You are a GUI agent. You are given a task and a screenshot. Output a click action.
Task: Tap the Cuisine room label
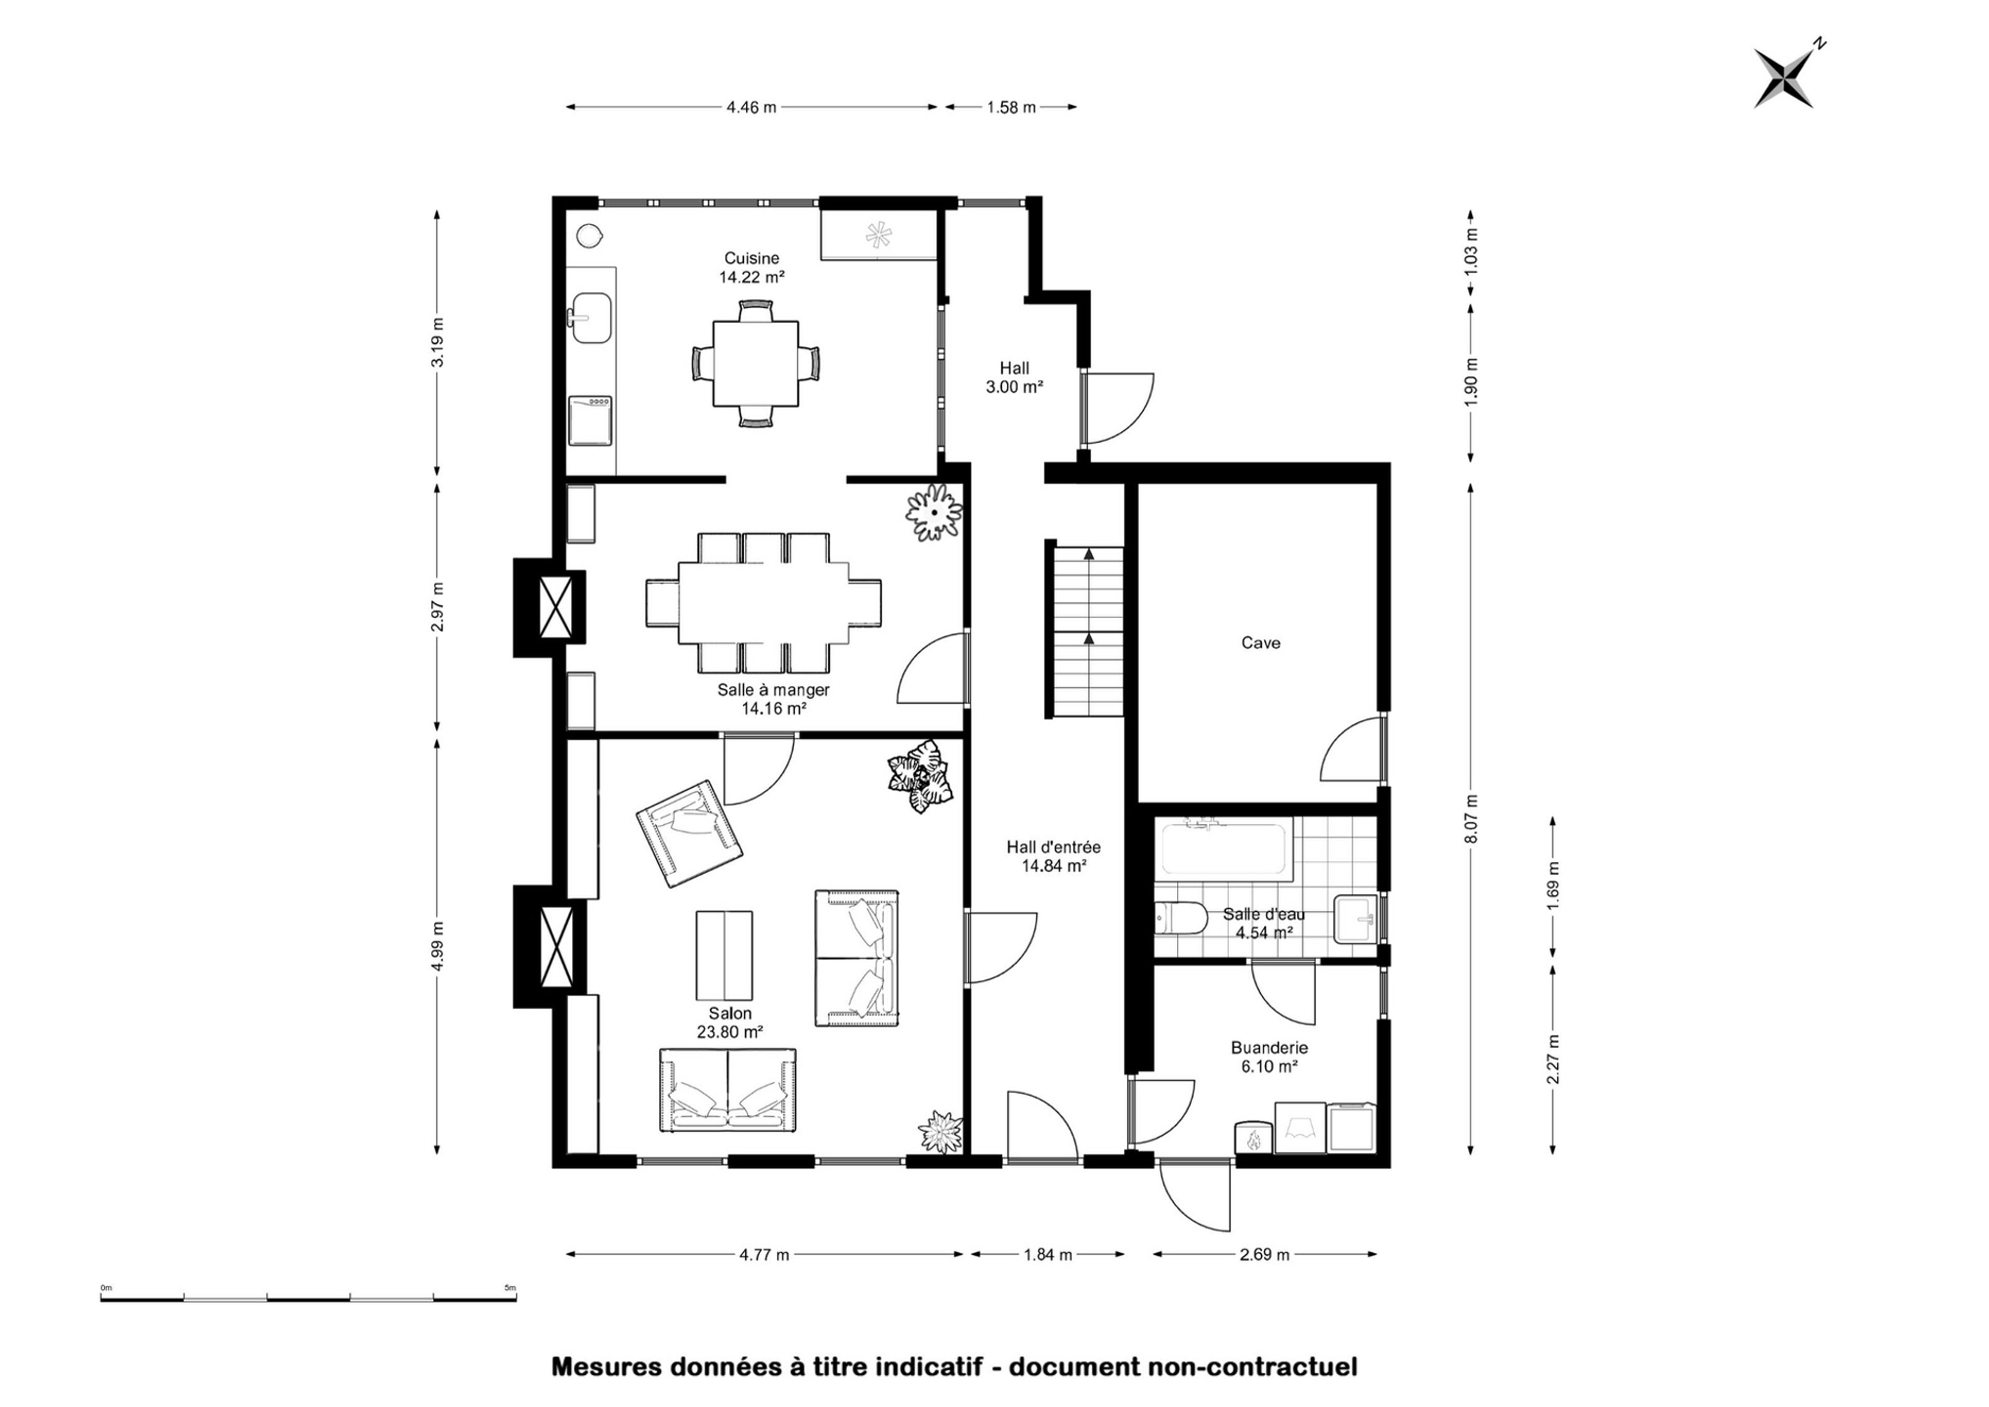pos(752,258)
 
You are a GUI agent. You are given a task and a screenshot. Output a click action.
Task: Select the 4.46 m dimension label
pos(752,107)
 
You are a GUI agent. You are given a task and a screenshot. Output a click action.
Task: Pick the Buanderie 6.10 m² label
pos(1269,1057)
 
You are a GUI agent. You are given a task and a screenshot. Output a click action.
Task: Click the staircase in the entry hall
pos(1089,629)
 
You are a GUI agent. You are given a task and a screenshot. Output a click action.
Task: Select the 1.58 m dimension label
pos(1012,107)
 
